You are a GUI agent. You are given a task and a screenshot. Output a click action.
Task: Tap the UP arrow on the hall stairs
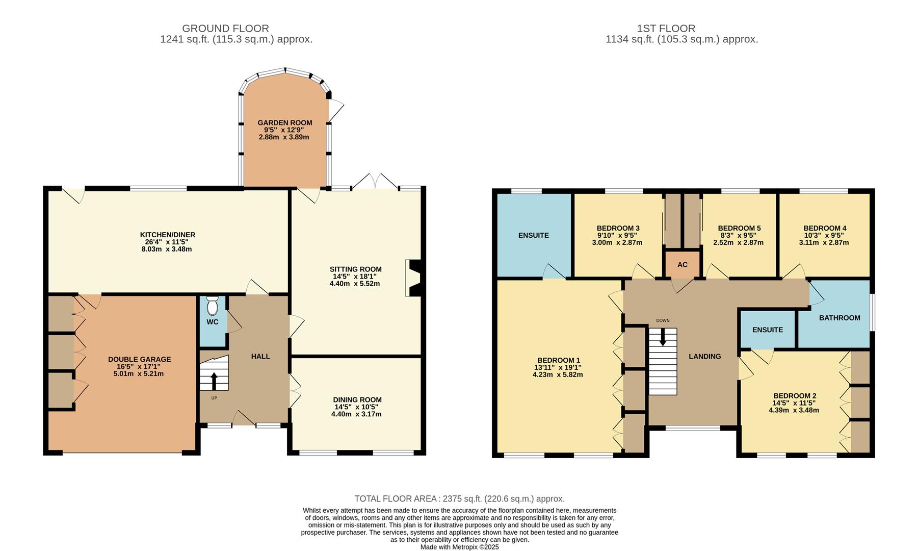(x=214, y=382)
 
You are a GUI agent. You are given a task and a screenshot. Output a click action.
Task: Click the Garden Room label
(x=284, y=122)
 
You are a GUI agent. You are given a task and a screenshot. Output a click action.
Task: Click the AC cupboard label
(x=682, y=264)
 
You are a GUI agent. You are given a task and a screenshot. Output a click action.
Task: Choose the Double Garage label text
(x=139, y=359)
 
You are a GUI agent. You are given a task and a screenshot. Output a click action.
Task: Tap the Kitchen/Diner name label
(x=168, y=235)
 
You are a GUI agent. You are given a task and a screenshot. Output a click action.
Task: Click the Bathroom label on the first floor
(x=840, y=317)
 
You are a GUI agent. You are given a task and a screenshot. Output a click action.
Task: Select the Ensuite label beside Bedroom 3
(x=533, y=235)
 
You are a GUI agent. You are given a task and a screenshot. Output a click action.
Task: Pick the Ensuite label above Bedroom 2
(x=767, y=330)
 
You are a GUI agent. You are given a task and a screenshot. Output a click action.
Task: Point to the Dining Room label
(x=357, y=399)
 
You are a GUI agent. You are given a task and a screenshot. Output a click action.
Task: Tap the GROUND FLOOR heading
(x=225, y=29)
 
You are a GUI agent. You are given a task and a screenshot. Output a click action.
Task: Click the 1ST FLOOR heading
(x=666, y=29)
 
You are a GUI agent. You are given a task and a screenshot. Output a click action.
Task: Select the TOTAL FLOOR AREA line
(x=459, y=498)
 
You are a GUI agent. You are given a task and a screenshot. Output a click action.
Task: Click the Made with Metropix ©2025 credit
(x=459, y=547)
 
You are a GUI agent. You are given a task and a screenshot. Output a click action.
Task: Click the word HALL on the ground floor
(x=260, y=356)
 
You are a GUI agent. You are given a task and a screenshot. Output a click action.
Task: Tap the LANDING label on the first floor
(x=704, y=356)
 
